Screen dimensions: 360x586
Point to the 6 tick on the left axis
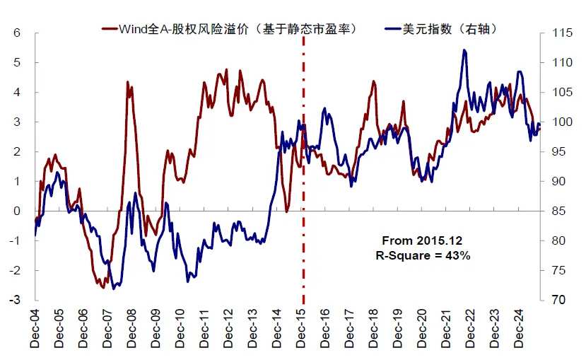tap(17, 33)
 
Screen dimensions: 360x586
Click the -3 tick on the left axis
tap(15, 301)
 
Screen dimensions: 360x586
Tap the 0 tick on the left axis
tap(17, 211)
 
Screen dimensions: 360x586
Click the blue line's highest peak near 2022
tap(464, 50)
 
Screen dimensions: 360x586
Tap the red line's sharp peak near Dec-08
tap(128, 82)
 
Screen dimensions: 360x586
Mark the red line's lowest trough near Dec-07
tap(102, 287)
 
